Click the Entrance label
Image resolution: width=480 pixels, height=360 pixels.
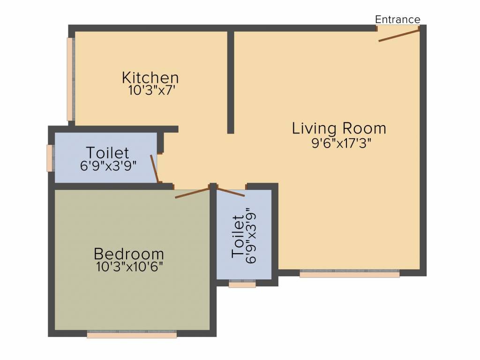[x=397, y=19]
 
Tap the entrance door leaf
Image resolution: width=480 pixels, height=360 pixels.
[x=398, y=35]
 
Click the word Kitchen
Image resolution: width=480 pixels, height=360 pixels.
[x=150, y=77]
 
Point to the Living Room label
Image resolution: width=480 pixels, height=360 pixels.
[x=339, y=128]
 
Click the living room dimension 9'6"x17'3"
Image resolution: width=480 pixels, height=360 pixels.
[x=341, y=143]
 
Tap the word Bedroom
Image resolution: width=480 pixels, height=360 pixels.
[x=128, y=254]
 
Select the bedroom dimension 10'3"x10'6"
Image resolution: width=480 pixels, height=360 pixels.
[x=129, y=267]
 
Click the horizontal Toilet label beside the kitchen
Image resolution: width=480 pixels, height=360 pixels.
[x=107, y=152]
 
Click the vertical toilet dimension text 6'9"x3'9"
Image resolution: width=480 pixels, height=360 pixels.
[x=251, y=236]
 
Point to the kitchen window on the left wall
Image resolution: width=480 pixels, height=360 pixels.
[x=71, y=79]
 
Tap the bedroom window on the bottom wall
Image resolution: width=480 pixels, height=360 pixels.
[x=132, y=334]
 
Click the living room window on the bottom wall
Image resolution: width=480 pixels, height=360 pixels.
[x=349, y=273]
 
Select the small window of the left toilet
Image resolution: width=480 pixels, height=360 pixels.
[x=50, y=158]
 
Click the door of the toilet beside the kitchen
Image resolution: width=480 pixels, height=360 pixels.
[x=155, y=169]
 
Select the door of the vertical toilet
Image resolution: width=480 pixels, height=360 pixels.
[x=231, y=192]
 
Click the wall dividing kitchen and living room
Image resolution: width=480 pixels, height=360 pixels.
[x=231, y=82]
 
